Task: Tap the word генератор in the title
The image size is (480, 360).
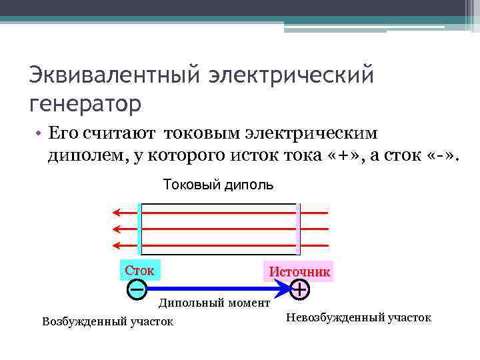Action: (85, 105)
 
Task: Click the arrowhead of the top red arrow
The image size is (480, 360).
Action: (116, 213)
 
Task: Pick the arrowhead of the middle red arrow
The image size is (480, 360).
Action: (116, 229)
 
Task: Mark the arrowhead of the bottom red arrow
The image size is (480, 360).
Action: (116, 245)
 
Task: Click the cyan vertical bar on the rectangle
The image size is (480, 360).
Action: (139, 229)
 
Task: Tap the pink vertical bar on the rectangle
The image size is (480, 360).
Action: (299, 229)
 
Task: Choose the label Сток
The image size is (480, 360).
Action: (139, 271)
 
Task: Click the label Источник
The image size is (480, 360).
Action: (299, 272)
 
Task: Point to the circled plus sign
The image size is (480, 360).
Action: (300, 289)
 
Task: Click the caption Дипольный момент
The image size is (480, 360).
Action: (214, 303)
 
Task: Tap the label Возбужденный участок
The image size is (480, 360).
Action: (107, 322)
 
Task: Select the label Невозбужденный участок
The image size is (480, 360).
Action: (358, 317)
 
